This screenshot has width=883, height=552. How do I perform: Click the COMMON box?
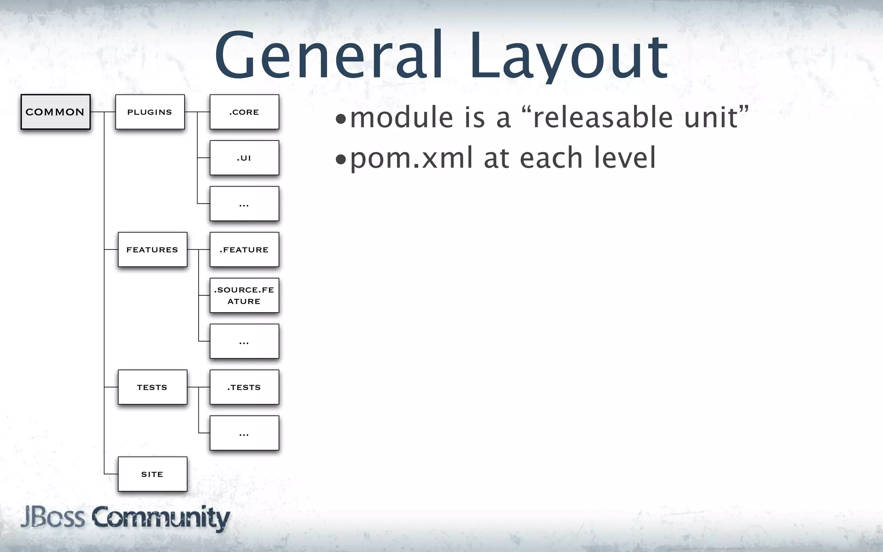(56, 112)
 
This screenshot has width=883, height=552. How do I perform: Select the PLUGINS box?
(150, 112)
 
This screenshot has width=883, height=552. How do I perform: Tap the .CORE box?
(244, 112)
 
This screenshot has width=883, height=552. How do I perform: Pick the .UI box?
(244, 158)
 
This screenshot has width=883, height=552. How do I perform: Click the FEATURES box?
(152, 250)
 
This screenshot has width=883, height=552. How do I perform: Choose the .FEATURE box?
(244, 250)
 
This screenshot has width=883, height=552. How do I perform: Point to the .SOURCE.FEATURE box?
(244, 295)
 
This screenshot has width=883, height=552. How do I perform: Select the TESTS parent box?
(152, 387)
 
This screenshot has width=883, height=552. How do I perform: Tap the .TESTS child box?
(244, 387)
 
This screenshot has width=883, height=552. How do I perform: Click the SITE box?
(152, 474)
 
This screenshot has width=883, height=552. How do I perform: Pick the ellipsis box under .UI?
(244, 204)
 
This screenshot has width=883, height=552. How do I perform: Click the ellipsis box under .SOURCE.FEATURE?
(244, 341)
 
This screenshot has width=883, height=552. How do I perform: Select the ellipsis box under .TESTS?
(244, 433)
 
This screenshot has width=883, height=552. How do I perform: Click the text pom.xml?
(411, 158)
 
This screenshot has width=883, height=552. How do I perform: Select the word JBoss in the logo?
(53, 517)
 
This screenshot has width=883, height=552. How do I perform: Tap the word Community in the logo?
(160, 518)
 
